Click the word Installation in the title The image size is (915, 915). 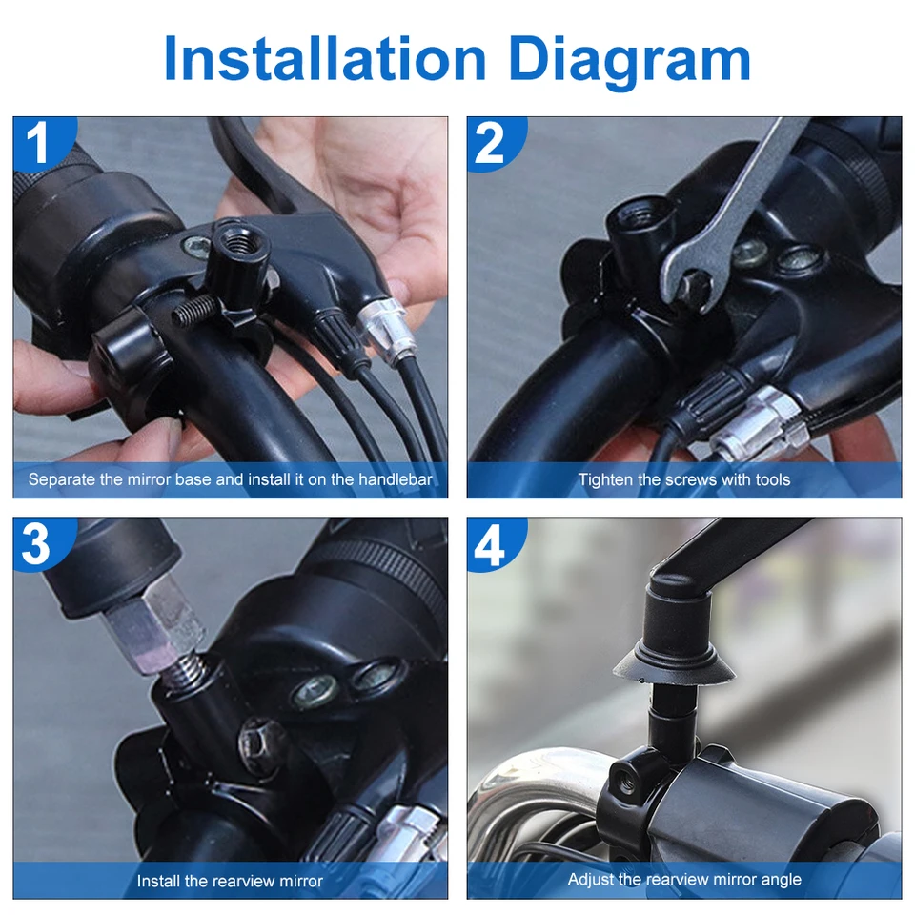click(325, 58)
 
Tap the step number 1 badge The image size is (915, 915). click(40, 142)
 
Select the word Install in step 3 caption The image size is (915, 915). click(155, 881)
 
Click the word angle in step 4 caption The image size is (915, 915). click(783, 880)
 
